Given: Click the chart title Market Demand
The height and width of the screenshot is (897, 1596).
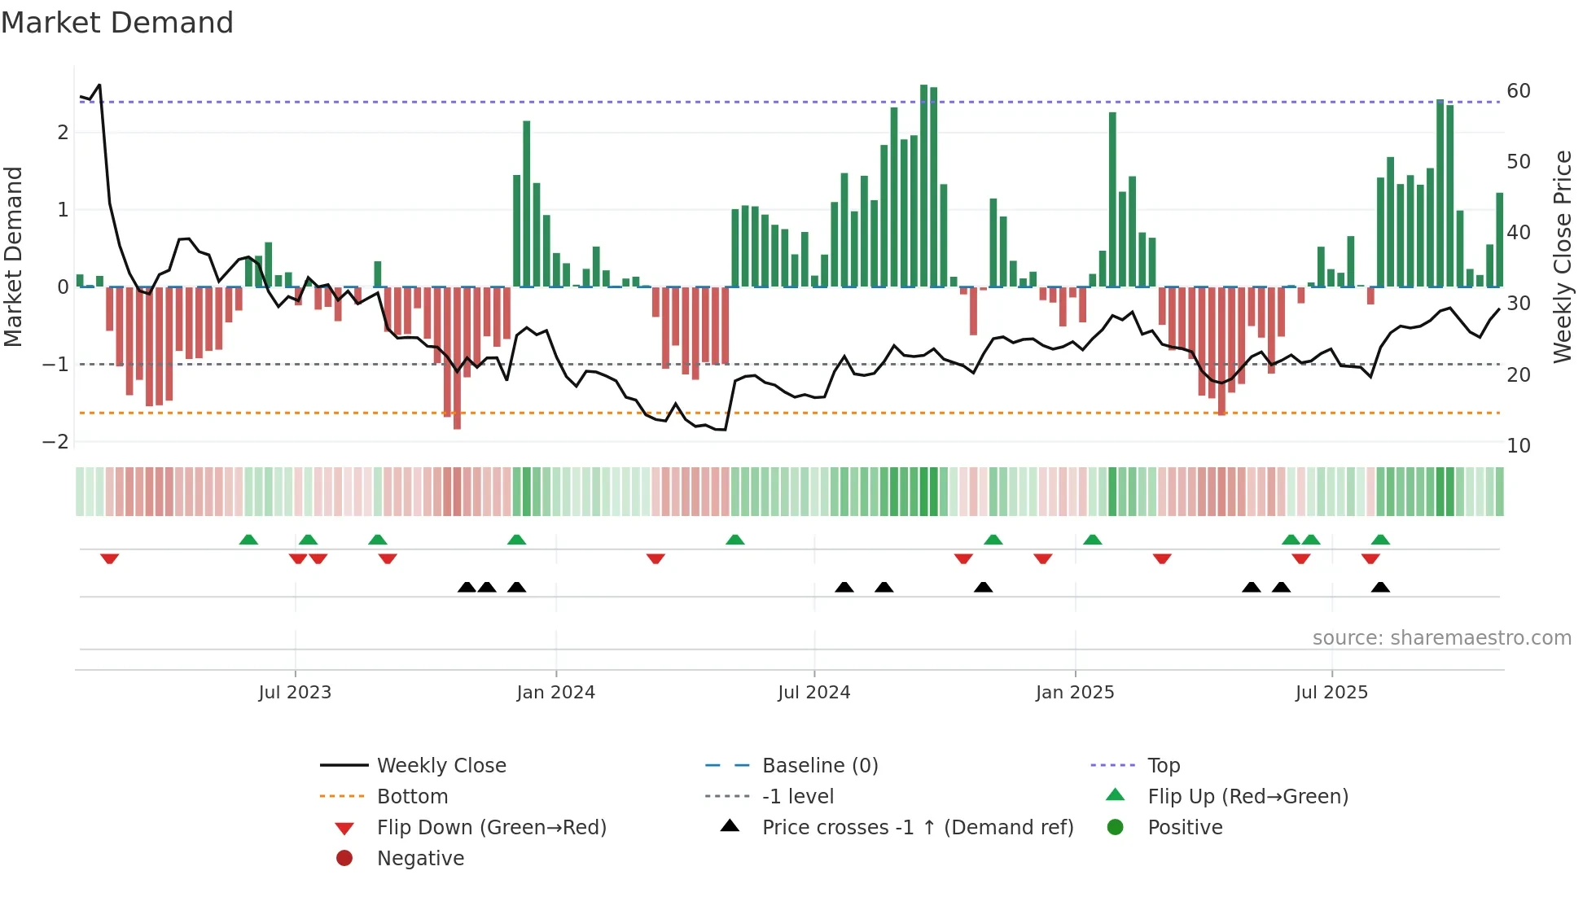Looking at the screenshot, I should (x=117, y=23).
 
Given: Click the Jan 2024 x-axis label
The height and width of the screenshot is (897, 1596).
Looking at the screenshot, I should (x=555, y=693).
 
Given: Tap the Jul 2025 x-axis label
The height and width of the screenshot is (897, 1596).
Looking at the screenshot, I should (x=1331, y=693).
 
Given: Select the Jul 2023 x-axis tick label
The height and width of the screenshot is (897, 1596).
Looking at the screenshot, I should (x=295, y=693).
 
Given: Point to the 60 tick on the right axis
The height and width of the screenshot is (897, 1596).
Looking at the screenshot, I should (x=1518, y=91).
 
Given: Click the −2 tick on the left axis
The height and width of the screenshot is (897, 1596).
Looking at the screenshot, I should (x=55, y=442).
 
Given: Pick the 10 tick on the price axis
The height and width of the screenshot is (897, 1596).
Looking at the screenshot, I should (x=1518, y=446).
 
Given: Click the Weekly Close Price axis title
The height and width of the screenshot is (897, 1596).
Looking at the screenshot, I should (x=1562, y=256).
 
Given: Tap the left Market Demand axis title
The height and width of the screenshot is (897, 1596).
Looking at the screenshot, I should (x=14, y=256).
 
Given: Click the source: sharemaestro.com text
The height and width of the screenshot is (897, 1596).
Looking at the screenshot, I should (x=1441, y=638).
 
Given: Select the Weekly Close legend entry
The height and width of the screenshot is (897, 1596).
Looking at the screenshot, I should (x=441, y=766).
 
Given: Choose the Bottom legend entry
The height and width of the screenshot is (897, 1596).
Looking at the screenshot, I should (x=412, y=797).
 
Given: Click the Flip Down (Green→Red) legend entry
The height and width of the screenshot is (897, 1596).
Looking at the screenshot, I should (x=491, y=828).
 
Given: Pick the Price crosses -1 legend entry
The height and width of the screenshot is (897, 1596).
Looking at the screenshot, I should (x=917, y=828).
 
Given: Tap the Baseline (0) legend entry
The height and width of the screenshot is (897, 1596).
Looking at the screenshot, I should (x=819, y=766).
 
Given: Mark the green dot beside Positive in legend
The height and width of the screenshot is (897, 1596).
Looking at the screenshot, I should (x=1116, y=828).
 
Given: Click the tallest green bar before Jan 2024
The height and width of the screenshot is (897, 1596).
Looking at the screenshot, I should (x=527, y=203).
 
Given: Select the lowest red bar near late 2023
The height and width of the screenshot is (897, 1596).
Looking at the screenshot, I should (x=457, y=358).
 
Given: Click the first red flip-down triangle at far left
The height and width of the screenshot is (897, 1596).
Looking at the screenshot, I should (x=110, y=558).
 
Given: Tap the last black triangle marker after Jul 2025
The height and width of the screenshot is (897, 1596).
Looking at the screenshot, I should (x=1380, y=587).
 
